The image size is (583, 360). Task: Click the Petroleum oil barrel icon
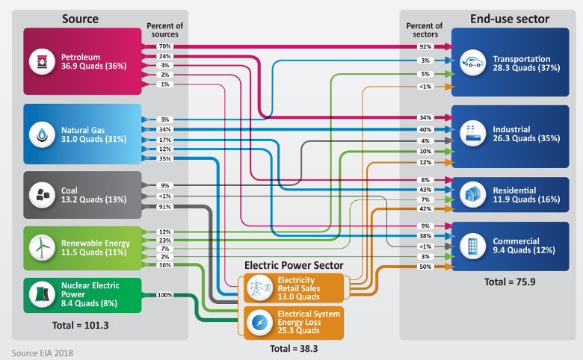pyautogui.click(x=42, y=61)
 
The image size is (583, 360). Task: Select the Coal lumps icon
pyautogui.click(x=42, y=195)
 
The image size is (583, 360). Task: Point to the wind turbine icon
pyautogui.click(x=42, y=247)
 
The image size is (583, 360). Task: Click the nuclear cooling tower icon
pyautogui.click(x=42, y=295)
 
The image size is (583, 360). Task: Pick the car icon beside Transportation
pyautogui.click(x=472, y=63)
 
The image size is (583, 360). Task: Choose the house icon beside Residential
pyautogui.click(x=472, y=195)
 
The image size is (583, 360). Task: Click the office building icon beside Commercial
pyautogui.click(x=472, y=246)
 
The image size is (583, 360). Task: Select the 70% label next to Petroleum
pyautogui.click(x=164, y=46)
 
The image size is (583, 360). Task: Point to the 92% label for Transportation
pyautogui.click(x=425, y=46)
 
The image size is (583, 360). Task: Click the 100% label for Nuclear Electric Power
pyautogui.click(x=164, y=295)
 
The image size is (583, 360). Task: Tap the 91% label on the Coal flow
pyautogui.click(x=164, y=207)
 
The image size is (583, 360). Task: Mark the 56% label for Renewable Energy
pyautogui.click(x=164, y=265)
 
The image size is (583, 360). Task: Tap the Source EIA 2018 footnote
pyautogui.click(x=43, y=351)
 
